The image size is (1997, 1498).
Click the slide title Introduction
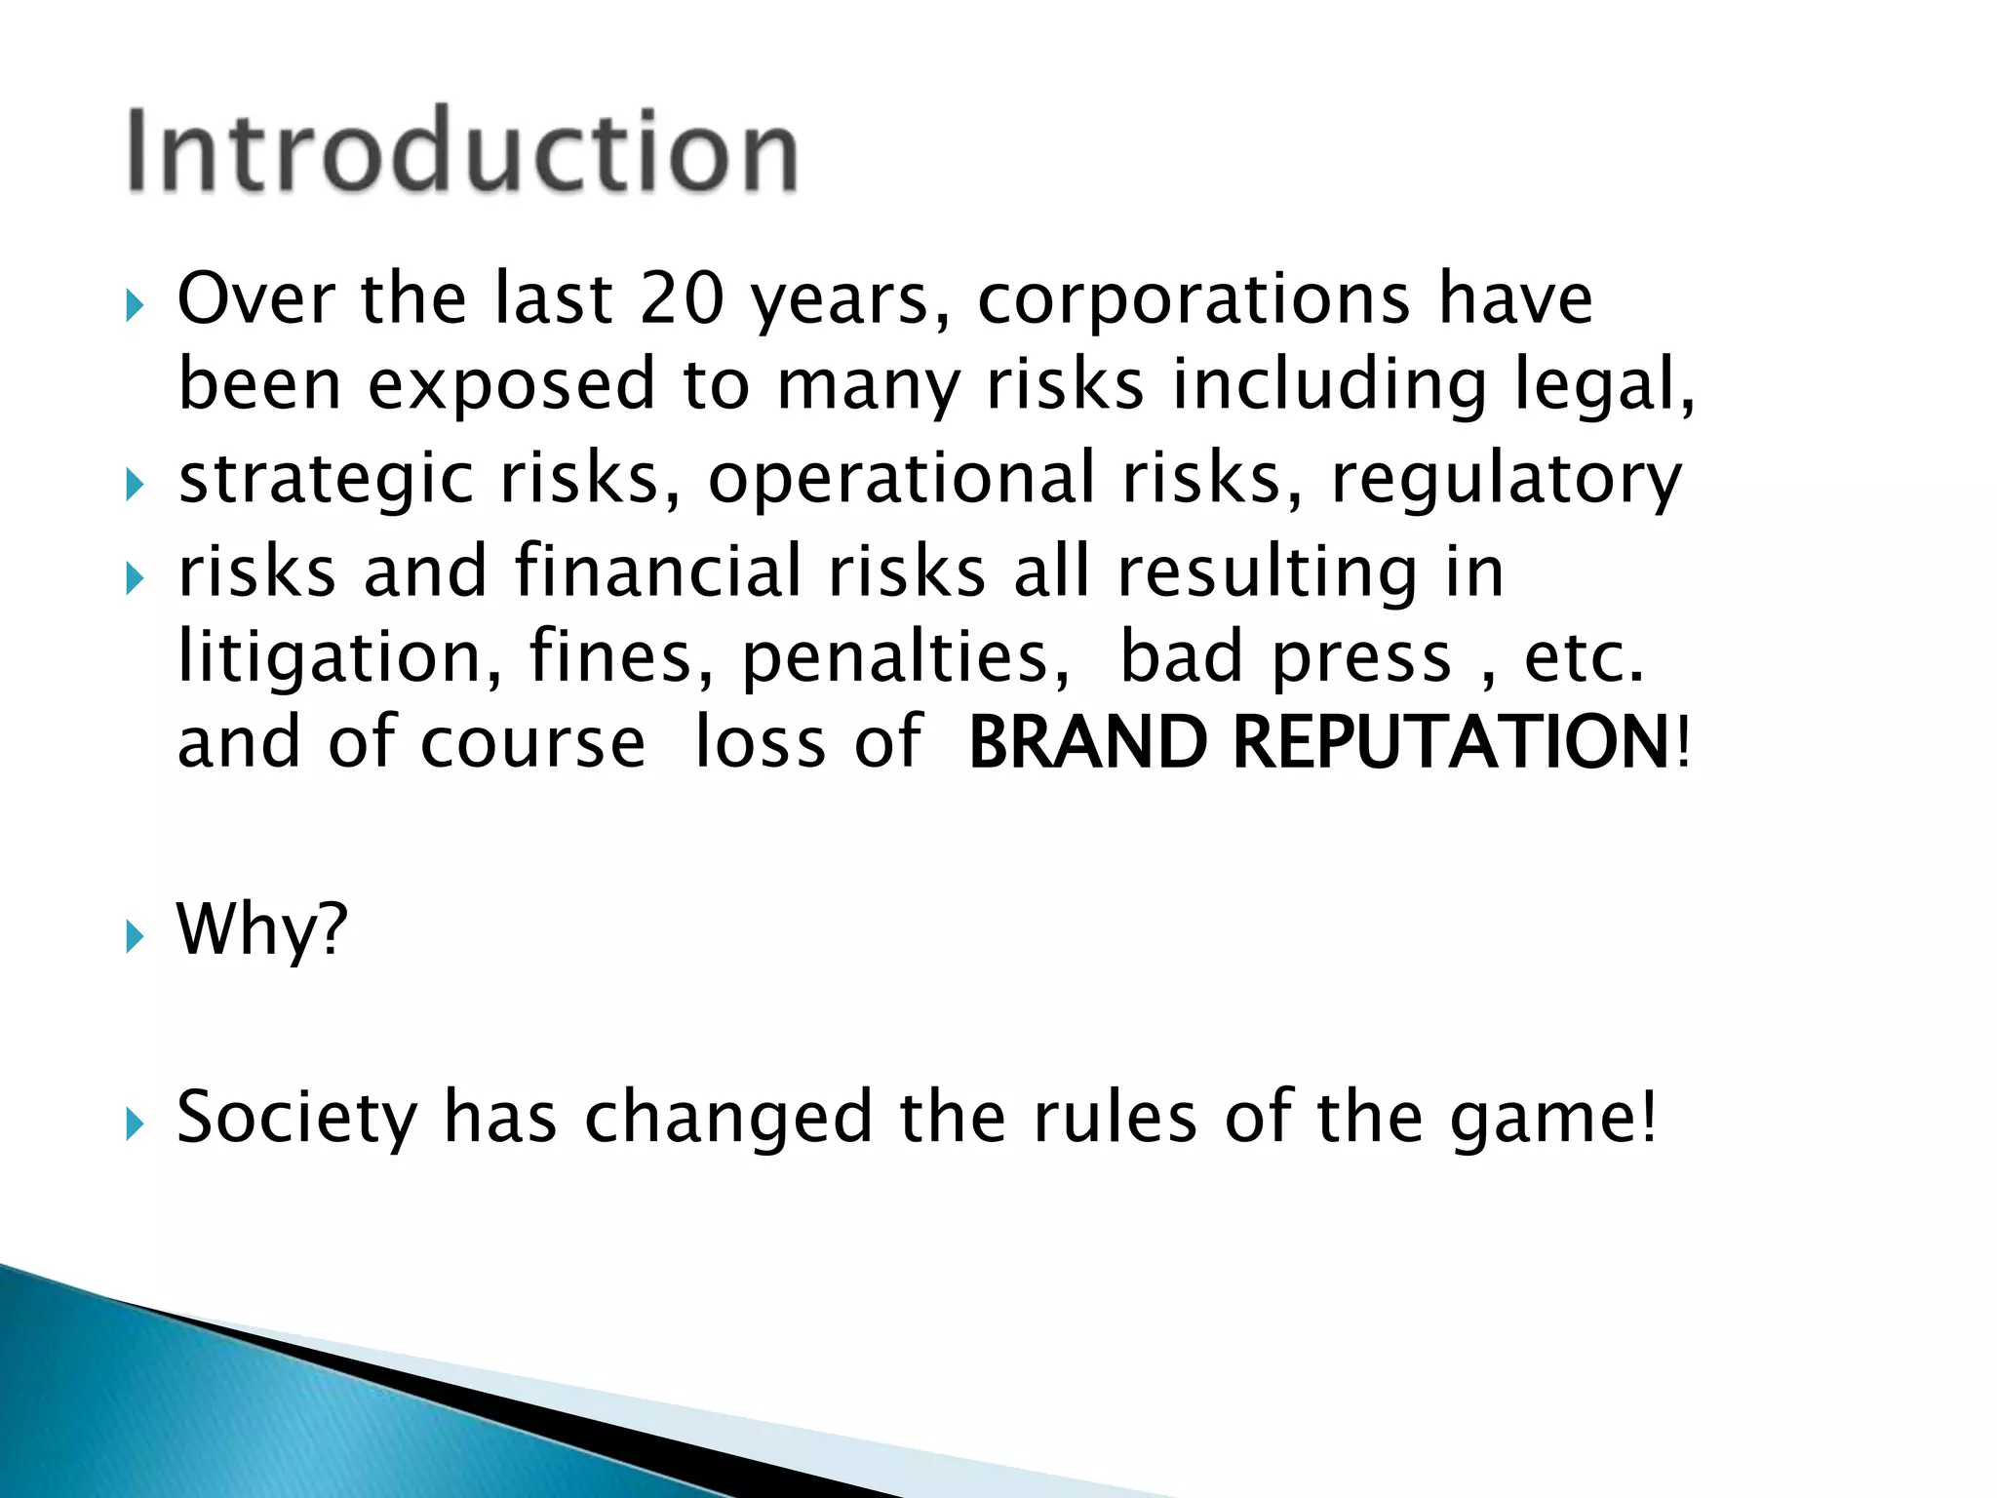(x=462, y=151)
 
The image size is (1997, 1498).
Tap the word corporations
(x=1194, y=300)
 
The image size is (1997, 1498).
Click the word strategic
(x=326, y=480)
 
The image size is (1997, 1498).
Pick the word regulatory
(x=1507, y=480)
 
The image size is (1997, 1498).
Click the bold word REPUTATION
(x=1452, y=743)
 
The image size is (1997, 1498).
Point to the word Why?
(x=261, y=930)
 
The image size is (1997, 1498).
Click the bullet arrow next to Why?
(x=135, y=938)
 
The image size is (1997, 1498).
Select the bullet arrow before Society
(x=135, y=1126)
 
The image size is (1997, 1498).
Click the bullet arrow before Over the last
(x=135, y=308)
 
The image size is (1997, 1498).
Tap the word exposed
(x=511, y=386)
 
